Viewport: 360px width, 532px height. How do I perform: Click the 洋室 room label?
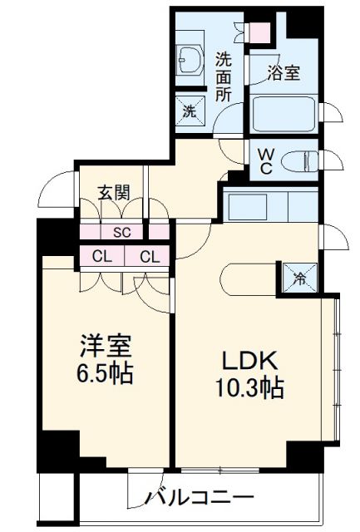(x=106, y=344)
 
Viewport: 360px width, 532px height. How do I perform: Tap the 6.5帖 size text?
(x=106, y=372)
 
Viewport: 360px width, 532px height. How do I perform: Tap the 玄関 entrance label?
(x=113, y=194)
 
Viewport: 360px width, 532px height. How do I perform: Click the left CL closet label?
(x=102, y=257)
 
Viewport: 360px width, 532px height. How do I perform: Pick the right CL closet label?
(x=149, y=257)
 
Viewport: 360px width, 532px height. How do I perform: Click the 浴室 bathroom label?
(x=284, y=73)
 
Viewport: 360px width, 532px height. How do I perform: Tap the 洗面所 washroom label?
(x=224, y=77)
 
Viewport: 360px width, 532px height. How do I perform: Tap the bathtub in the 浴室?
(x=284, y=113)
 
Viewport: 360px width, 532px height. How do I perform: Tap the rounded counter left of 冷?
(x=249, y=278)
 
